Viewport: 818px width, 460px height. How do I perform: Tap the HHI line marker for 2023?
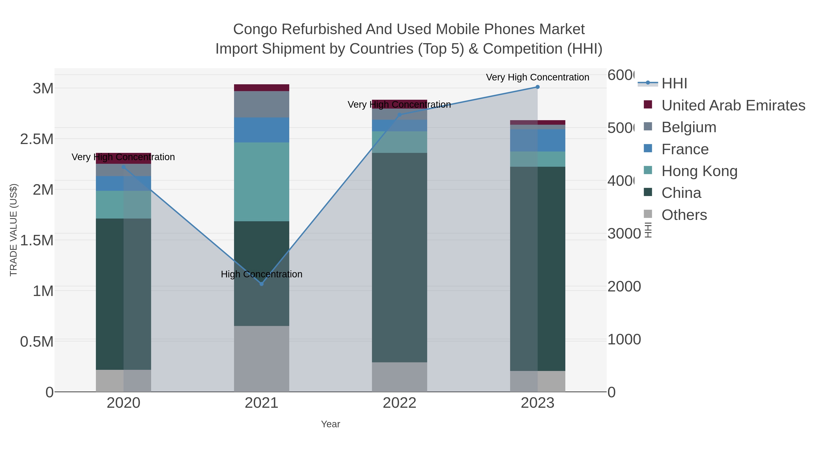pyautogui.click(x=537, y=87)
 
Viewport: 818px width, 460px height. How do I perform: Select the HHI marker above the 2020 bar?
pyautogui.click(x=124, y=167)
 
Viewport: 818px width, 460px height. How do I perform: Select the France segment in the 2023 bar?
pyautogui.click(x=537, y=140)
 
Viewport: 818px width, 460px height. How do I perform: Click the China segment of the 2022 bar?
pyautogui.click(x=399, y=257)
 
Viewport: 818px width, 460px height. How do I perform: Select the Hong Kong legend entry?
pyautogui.click(x=699, y=171)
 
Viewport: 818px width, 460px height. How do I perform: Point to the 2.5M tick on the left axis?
pyautogui.click(x=37, y=139)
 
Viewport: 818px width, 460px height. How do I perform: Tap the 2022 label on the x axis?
pyautogui.click(x=399, y=403)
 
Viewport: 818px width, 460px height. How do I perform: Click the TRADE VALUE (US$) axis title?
pyautogui.click(x=13, y=230)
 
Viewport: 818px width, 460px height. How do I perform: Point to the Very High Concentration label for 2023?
pyautogui.click(x=537, y=77)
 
